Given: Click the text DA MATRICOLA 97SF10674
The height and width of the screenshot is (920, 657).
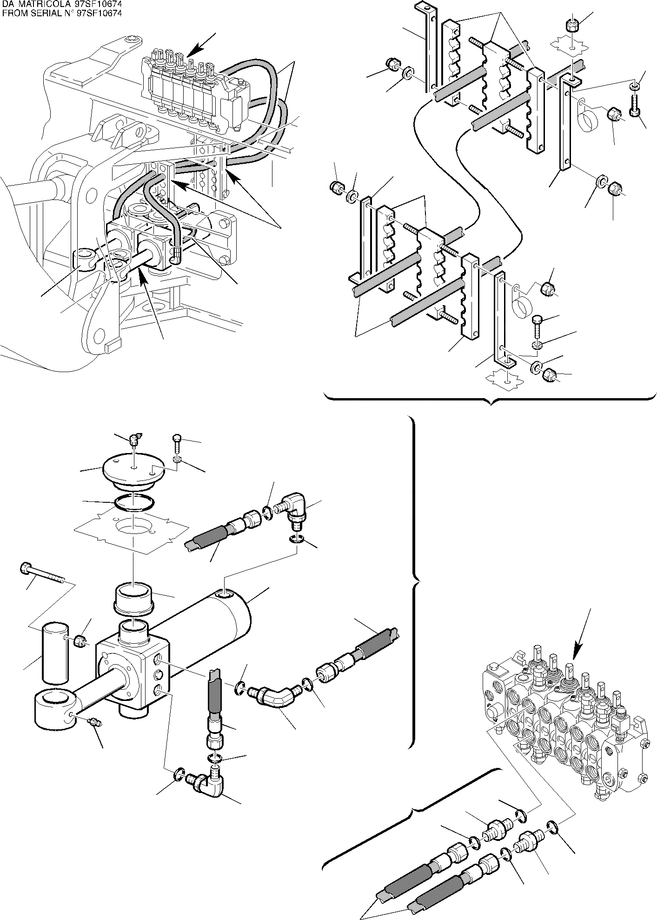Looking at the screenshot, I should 61,4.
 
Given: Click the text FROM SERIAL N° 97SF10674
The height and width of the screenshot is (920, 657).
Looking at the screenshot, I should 62,13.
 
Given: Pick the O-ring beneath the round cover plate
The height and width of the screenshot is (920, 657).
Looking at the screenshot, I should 133,504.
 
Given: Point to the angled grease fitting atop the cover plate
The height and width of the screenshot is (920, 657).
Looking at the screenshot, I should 135,438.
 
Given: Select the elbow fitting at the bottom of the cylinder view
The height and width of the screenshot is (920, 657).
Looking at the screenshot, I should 207,785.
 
